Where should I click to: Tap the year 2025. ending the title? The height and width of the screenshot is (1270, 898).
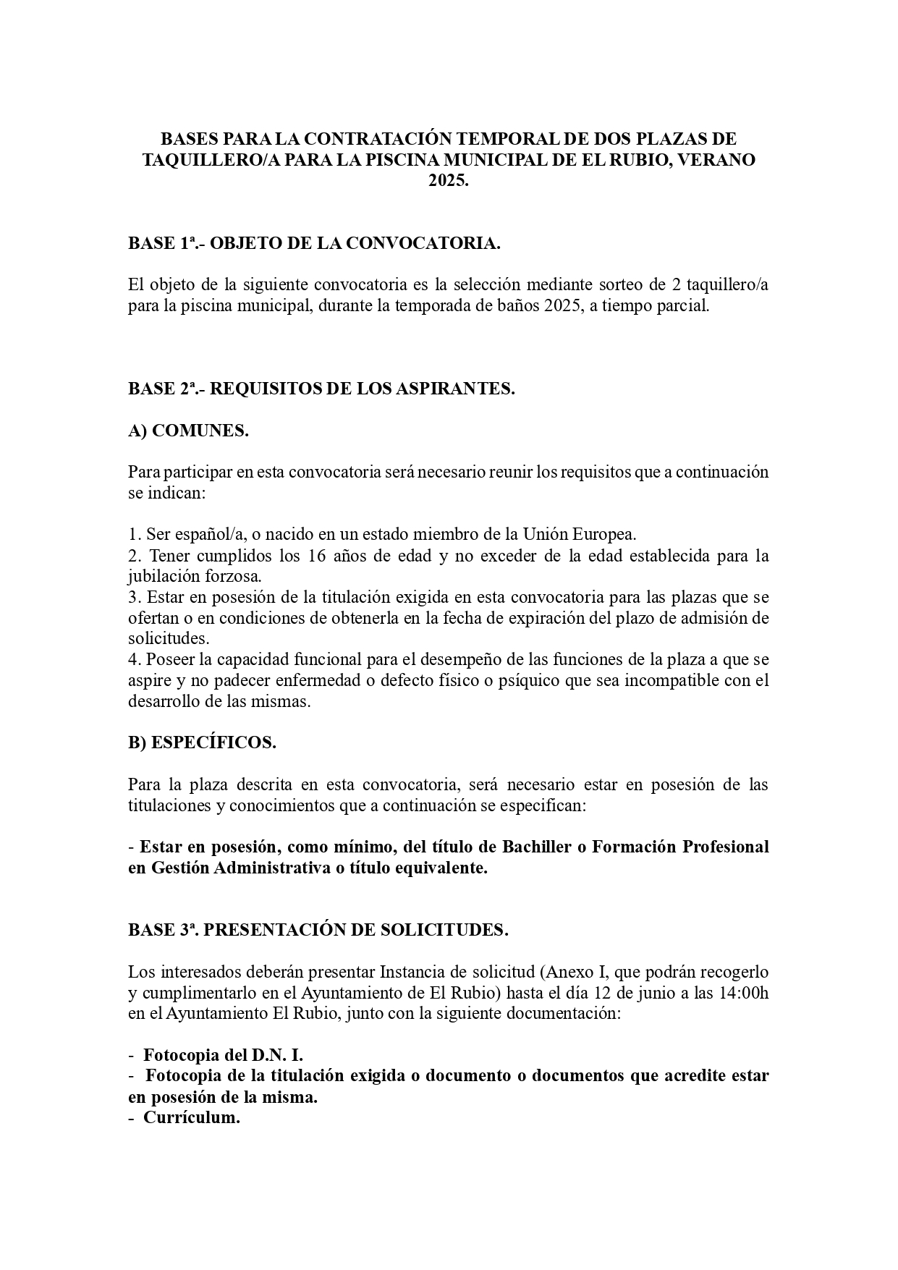[x=449, y=181]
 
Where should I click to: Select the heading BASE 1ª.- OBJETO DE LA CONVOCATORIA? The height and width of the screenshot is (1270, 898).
[x=314, y=243]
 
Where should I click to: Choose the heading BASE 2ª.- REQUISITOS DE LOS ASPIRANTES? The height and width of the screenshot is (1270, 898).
[x=321, y=389]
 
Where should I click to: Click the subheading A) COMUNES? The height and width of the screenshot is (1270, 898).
[x=188, y=431]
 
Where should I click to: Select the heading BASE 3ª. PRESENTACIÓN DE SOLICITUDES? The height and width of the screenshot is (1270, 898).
[x=318, y=930]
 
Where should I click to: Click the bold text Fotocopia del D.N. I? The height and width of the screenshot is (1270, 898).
[x=223, y=1054]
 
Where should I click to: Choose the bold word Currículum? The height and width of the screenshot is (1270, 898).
[x=191, y=1117]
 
